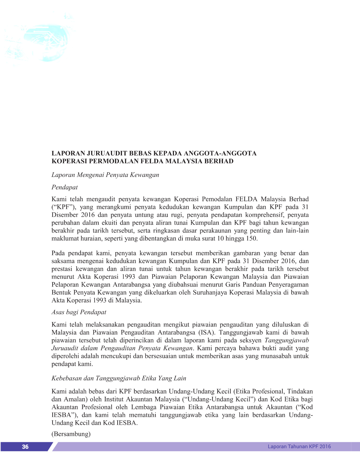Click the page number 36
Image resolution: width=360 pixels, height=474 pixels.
(25, 447)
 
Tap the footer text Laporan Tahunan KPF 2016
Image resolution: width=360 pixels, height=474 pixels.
(299, 446)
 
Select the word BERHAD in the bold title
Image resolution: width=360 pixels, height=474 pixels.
(220, 161)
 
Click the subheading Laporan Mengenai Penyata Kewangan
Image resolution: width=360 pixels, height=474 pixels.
(105, 175)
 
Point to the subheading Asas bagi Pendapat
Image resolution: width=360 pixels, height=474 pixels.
(79, 312)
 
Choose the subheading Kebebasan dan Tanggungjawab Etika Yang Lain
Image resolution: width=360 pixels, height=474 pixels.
(119, 378)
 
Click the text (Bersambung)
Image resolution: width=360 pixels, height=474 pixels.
(71, 434)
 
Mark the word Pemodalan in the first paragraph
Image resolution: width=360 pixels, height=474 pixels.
(217, 199)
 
